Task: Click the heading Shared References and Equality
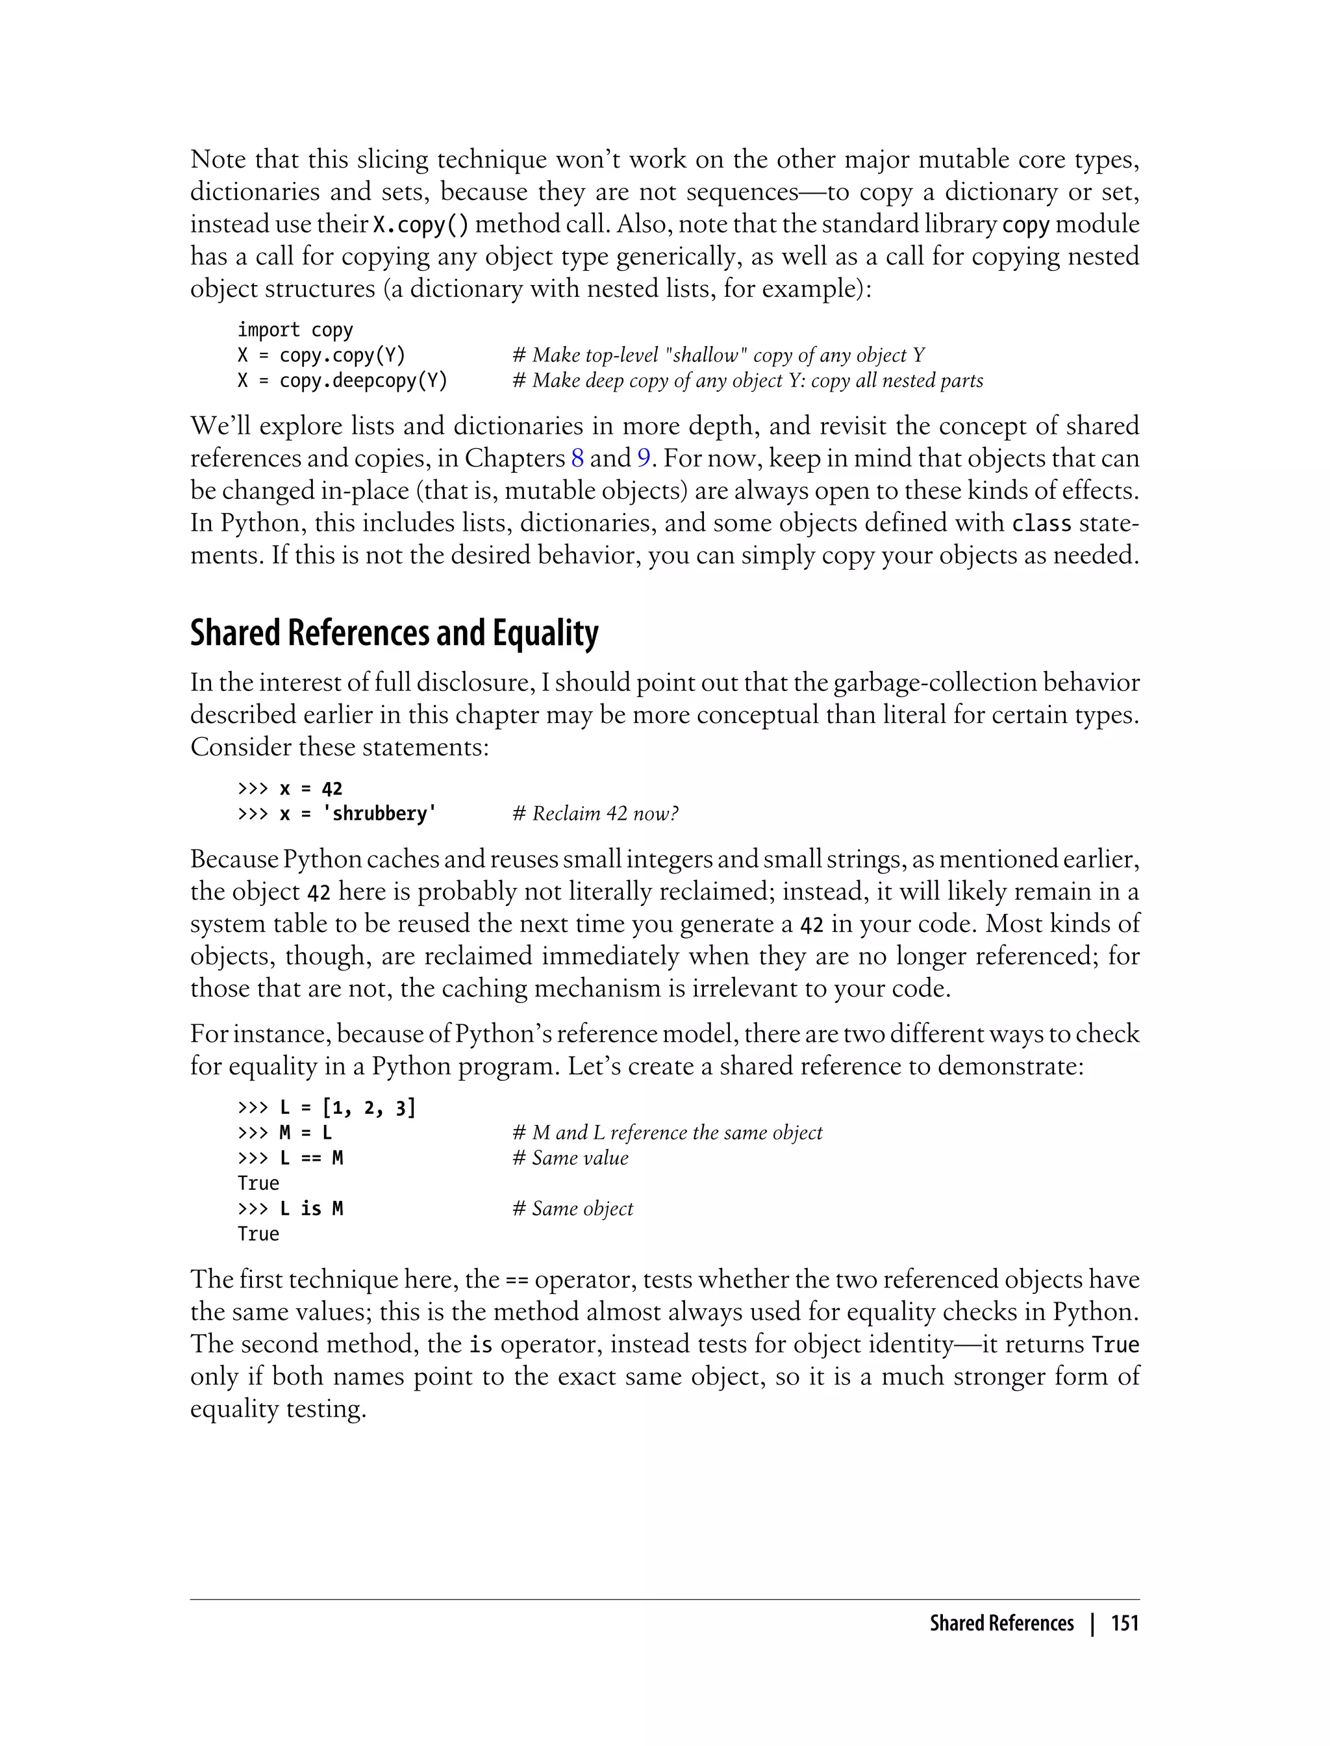click(394, 633)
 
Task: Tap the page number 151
click(1124, 1623)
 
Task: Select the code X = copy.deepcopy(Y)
click(342, 381)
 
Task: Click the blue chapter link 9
click(643, 459)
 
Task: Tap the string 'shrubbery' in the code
click(379, 813)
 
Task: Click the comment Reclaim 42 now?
click(596, 813)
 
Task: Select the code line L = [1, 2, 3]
click(326, 1107)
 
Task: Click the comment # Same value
click(570, 1158)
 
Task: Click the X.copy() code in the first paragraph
click(420, 225)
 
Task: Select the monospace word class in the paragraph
click(1041, 524)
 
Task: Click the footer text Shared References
click(1001, 1623)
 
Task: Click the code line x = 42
click(290, 788)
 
